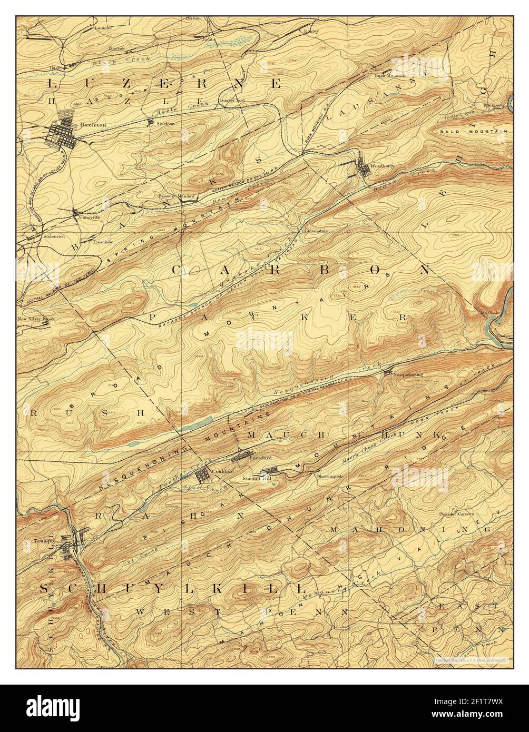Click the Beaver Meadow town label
pos(177,196)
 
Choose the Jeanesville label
pos(87,216)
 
